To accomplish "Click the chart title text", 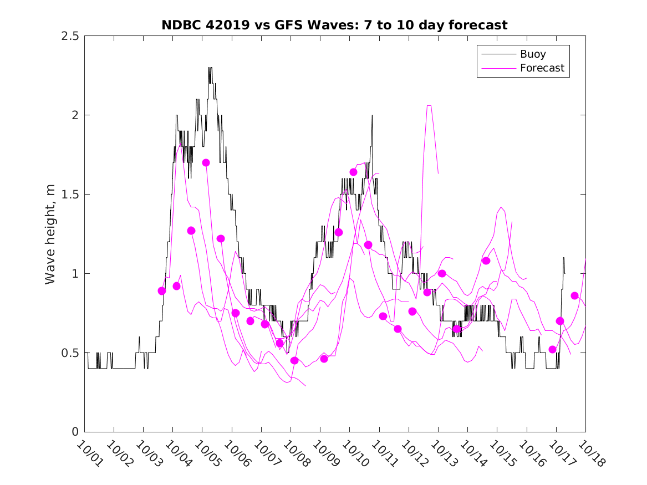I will click(334, 25).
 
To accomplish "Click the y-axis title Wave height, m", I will click(50, 234).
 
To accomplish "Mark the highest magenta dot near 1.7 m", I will click(206, 163).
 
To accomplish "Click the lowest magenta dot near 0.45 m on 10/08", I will click(294, 361).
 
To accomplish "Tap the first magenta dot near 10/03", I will click(162, 291).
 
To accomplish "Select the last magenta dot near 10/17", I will click(574, 296).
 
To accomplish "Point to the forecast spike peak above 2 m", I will click(429, 105).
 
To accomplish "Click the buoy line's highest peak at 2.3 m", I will click(210, 68).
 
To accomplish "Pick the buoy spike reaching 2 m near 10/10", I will click(372, 115).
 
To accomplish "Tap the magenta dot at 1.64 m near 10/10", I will click(353, 172).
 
